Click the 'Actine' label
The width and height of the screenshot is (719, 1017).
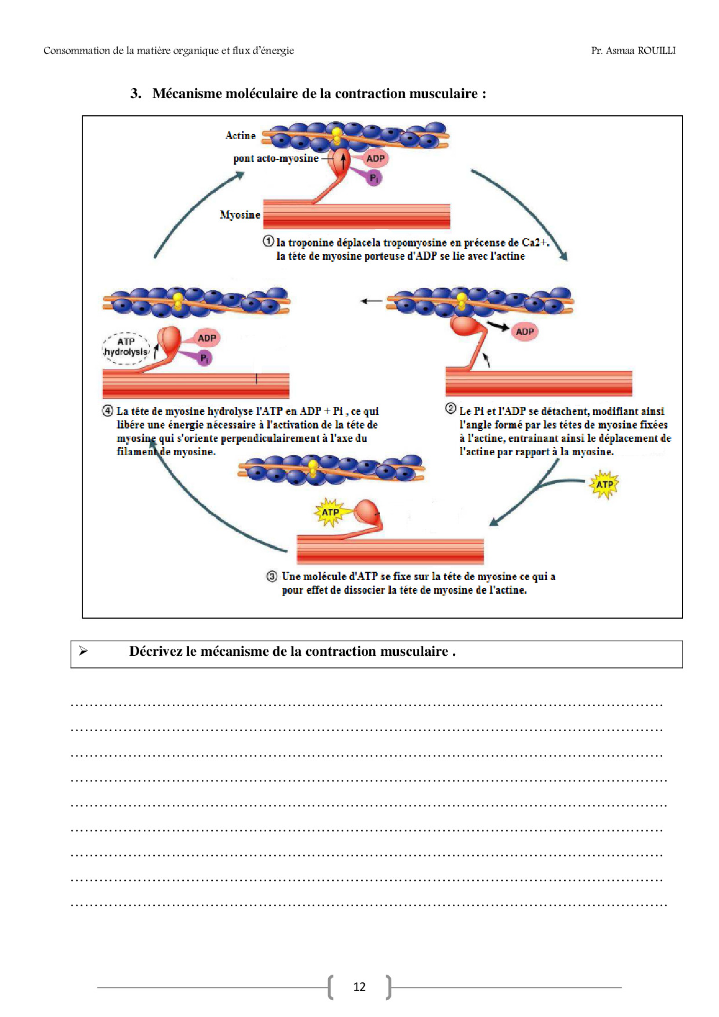240,135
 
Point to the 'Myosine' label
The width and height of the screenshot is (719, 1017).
239,215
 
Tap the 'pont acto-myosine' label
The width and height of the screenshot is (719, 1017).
276,158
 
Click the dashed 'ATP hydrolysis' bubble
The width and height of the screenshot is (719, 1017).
126,347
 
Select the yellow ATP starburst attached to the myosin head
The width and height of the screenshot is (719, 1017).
330,513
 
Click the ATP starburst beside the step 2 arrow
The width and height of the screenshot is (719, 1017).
604,485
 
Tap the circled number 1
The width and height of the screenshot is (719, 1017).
268,241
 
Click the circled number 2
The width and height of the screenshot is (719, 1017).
451,408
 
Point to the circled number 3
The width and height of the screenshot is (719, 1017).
272,576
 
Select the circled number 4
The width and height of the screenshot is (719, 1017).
108,411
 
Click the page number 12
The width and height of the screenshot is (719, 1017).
359,987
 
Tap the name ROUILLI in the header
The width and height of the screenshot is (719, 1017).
656,50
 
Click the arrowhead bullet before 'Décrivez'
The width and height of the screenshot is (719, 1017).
83,651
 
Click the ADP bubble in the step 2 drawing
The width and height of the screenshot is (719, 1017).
525,332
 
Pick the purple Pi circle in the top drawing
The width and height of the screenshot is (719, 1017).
374,178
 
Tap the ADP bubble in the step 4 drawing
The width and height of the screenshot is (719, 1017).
207,338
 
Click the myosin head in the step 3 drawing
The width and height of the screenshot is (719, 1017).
368,512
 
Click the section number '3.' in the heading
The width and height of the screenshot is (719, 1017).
136,93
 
